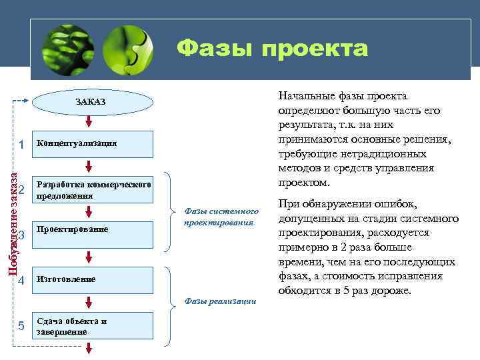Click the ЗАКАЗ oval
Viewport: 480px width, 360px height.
89,101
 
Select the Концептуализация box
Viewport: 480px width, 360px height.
93,143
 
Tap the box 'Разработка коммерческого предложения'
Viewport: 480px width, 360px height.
93,190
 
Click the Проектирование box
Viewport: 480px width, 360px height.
93,230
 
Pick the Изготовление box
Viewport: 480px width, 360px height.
93,279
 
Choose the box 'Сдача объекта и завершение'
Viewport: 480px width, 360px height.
93,326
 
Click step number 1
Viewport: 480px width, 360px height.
22,144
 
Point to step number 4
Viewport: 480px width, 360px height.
22,280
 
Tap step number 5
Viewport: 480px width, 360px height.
22,326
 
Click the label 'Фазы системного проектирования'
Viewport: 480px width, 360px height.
219,217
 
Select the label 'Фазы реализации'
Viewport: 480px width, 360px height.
219,301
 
